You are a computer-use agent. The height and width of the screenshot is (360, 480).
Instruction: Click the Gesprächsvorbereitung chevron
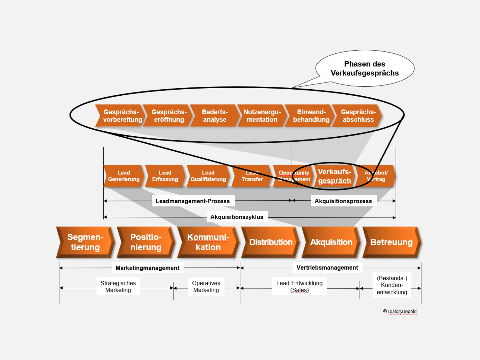pos(121,116)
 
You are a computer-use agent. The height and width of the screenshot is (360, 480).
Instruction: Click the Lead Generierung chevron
pos(124,176)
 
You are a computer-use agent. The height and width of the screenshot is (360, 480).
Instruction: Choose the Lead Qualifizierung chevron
pos(208,176)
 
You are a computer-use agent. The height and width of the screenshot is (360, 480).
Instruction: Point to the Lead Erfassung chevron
pos(165,176)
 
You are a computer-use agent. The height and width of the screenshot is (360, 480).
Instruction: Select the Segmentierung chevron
pos(85,242)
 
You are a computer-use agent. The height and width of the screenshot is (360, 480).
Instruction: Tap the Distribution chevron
pos(271,242)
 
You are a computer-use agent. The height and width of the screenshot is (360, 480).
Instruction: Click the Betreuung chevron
pos(391,242)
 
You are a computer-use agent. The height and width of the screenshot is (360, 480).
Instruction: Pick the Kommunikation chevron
pos(208,242)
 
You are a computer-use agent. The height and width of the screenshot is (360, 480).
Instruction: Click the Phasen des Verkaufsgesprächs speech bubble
pos(365,68)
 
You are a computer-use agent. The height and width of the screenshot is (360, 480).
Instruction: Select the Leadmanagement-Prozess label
pos(193,201)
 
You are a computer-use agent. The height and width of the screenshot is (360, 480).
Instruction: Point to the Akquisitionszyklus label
pos(237,217)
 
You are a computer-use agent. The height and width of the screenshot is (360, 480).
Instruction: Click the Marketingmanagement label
pos(148,268)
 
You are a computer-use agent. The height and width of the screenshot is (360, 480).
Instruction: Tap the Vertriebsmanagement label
pos(327,268)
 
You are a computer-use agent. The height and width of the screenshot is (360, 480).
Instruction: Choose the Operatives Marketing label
pos(206,287)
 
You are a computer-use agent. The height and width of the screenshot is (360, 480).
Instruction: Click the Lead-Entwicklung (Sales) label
pos(299,287)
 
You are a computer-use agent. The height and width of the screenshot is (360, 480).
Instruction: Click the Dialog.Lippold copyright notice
pos(400,311)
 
